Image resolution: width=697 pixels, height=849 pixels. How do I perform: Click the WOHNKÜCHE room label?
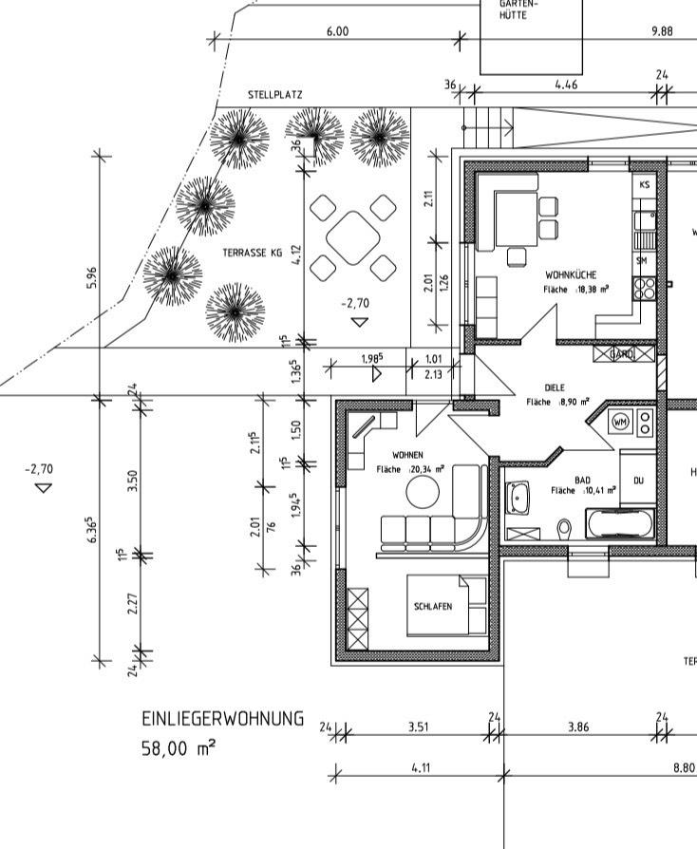tap(571, 274)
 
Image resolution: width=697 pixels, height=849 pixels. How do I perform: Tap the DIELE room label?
tap(555, 387)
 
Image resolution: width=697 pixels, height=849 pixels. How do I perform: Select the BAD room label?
tap(583, 481)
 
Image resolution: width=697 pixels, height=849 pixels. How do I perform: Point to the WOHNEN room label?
tap(407, 456)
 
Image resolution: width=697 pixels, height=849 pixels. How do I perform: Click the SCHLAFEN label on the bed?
tap(432, 606)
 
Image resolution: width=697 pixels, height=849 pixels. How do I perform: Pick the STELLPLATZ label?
tap(275, 95)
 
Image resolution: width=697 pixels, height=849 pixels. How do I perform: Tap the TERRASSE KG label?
tap(253, 254)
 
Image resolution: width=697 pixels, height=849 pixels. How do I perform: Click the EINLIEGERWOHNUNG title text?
tap(222, 719)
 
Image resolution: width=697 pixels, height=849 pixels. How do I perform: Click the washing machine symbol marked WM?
tap(620, 421)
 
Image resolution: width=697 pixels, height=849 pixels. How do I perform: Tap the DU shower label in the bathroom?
tap(638, 481)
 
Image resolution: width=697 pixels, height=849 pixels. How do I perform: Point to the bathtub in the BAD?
tap(620, 523)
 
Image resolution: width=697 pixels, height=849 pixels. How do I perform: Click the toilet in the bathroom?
tap(564, 526)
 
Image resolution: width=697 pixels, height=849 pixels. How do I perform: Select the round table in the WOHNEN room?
tap(424, 492)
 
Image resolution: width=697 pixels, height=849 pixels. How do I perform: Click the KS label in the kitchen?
tap(645, 184)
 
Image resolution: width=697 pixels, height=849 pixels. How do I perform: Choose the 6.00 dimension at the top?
tap(337, 31)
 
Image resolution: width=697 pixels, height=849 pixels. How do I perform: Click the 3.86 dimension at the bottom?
tap(578, 726)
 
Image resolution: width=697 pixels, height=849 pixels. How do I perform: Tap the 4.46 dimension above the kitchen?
tap(566, 85)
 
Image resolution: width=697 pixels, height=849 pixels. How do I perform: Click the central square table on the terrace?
tap(352, 237)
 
